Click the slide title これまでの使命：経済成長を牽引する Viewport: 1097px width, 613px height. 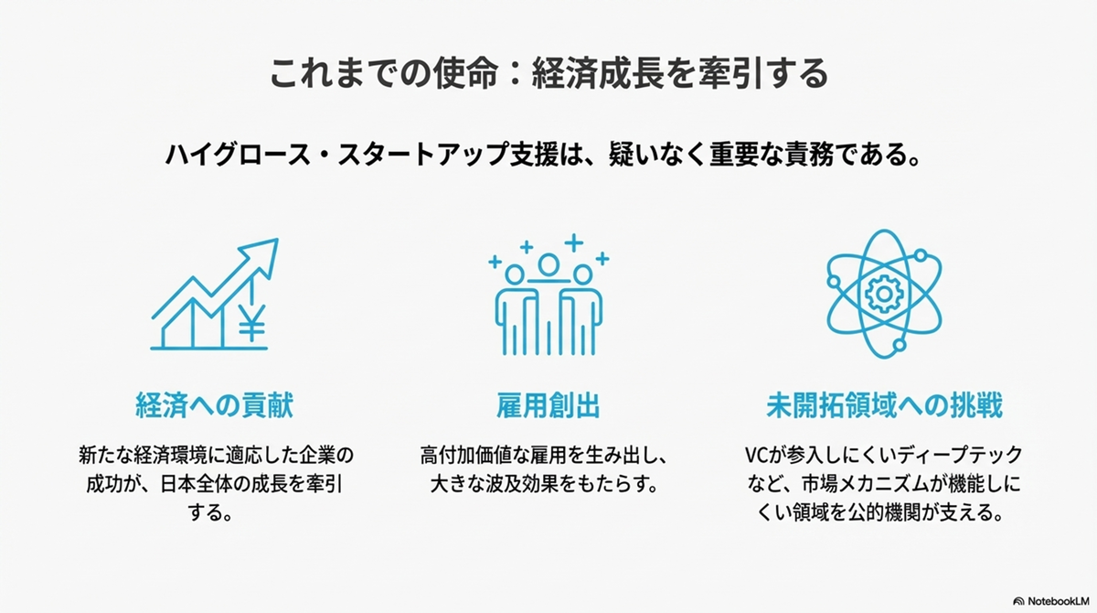tap(548, 73)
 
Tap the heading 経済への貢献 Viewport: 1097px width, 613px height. tap(215, 405)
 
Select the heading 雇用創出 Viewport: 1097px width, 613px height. tap(548, 405)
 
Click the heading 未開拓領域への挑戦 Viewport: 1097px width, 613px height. tap(885, 405)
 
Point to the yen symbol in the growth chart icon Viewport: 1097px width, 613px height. tap(252, 322)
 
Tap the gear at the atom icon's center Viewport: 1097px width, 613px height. tap(884, 294)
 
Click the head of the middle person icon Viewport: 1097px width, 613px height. tap(548, 265)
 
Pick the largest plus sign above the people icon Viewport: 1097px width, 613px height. tap(573, 242)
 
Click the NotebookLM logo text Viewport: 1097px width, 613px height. tap(1059, 601)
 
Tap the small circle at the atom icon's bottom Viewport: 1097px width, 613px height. tap(899, 345)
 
